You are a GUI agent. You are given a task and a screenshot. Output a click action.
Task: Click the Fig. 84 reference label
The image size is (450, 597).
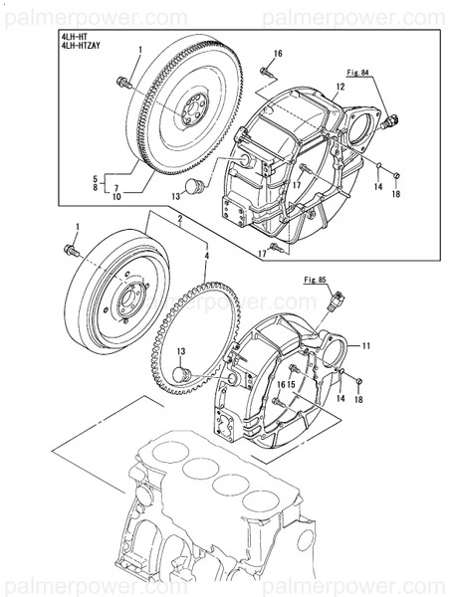pyautogui.click(x=358, y=74)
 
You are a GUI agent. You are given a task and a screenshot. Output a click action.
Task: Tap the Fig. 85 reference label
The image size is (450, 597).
pyautogui.click(x=316, y=281)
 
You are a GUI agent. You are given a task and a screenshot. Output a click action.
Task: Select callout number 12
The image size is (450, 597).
pyautogui.click(x=339, y=88)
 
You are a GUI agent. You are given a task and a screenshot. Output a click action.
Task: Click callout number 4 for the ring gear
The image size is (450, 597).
pyautogui.click(x=206, y=256)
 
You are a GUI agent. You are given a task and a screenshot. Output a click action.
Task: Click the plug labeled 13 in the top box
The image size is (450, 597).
pyautogui.click(x=196, y=184)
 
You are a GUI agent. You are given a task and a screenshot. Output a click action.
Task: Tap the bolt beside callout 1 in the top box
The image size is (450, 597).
pyautogui.click(x=122, y=83)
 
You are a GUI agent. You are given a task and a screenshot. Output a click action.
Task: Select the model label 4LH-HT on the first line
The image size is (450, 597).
pyautogui.click(x=73, y=35)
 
